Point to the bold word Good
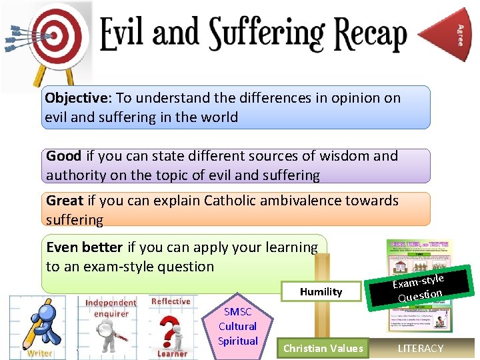(x=63, y=156)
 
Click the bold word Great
(x=65, y=201)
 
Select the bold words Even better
(x=84, y=247)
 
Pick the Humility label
(x=321, y=291)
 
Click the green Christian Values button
(x=323, y=348)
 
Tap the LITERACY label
(x=420, y=348)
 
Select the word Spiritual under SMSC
(x=238, y=341)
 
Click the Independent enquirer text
(x=111, y=308)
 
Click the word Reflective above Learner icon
(x=171, y=301)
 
